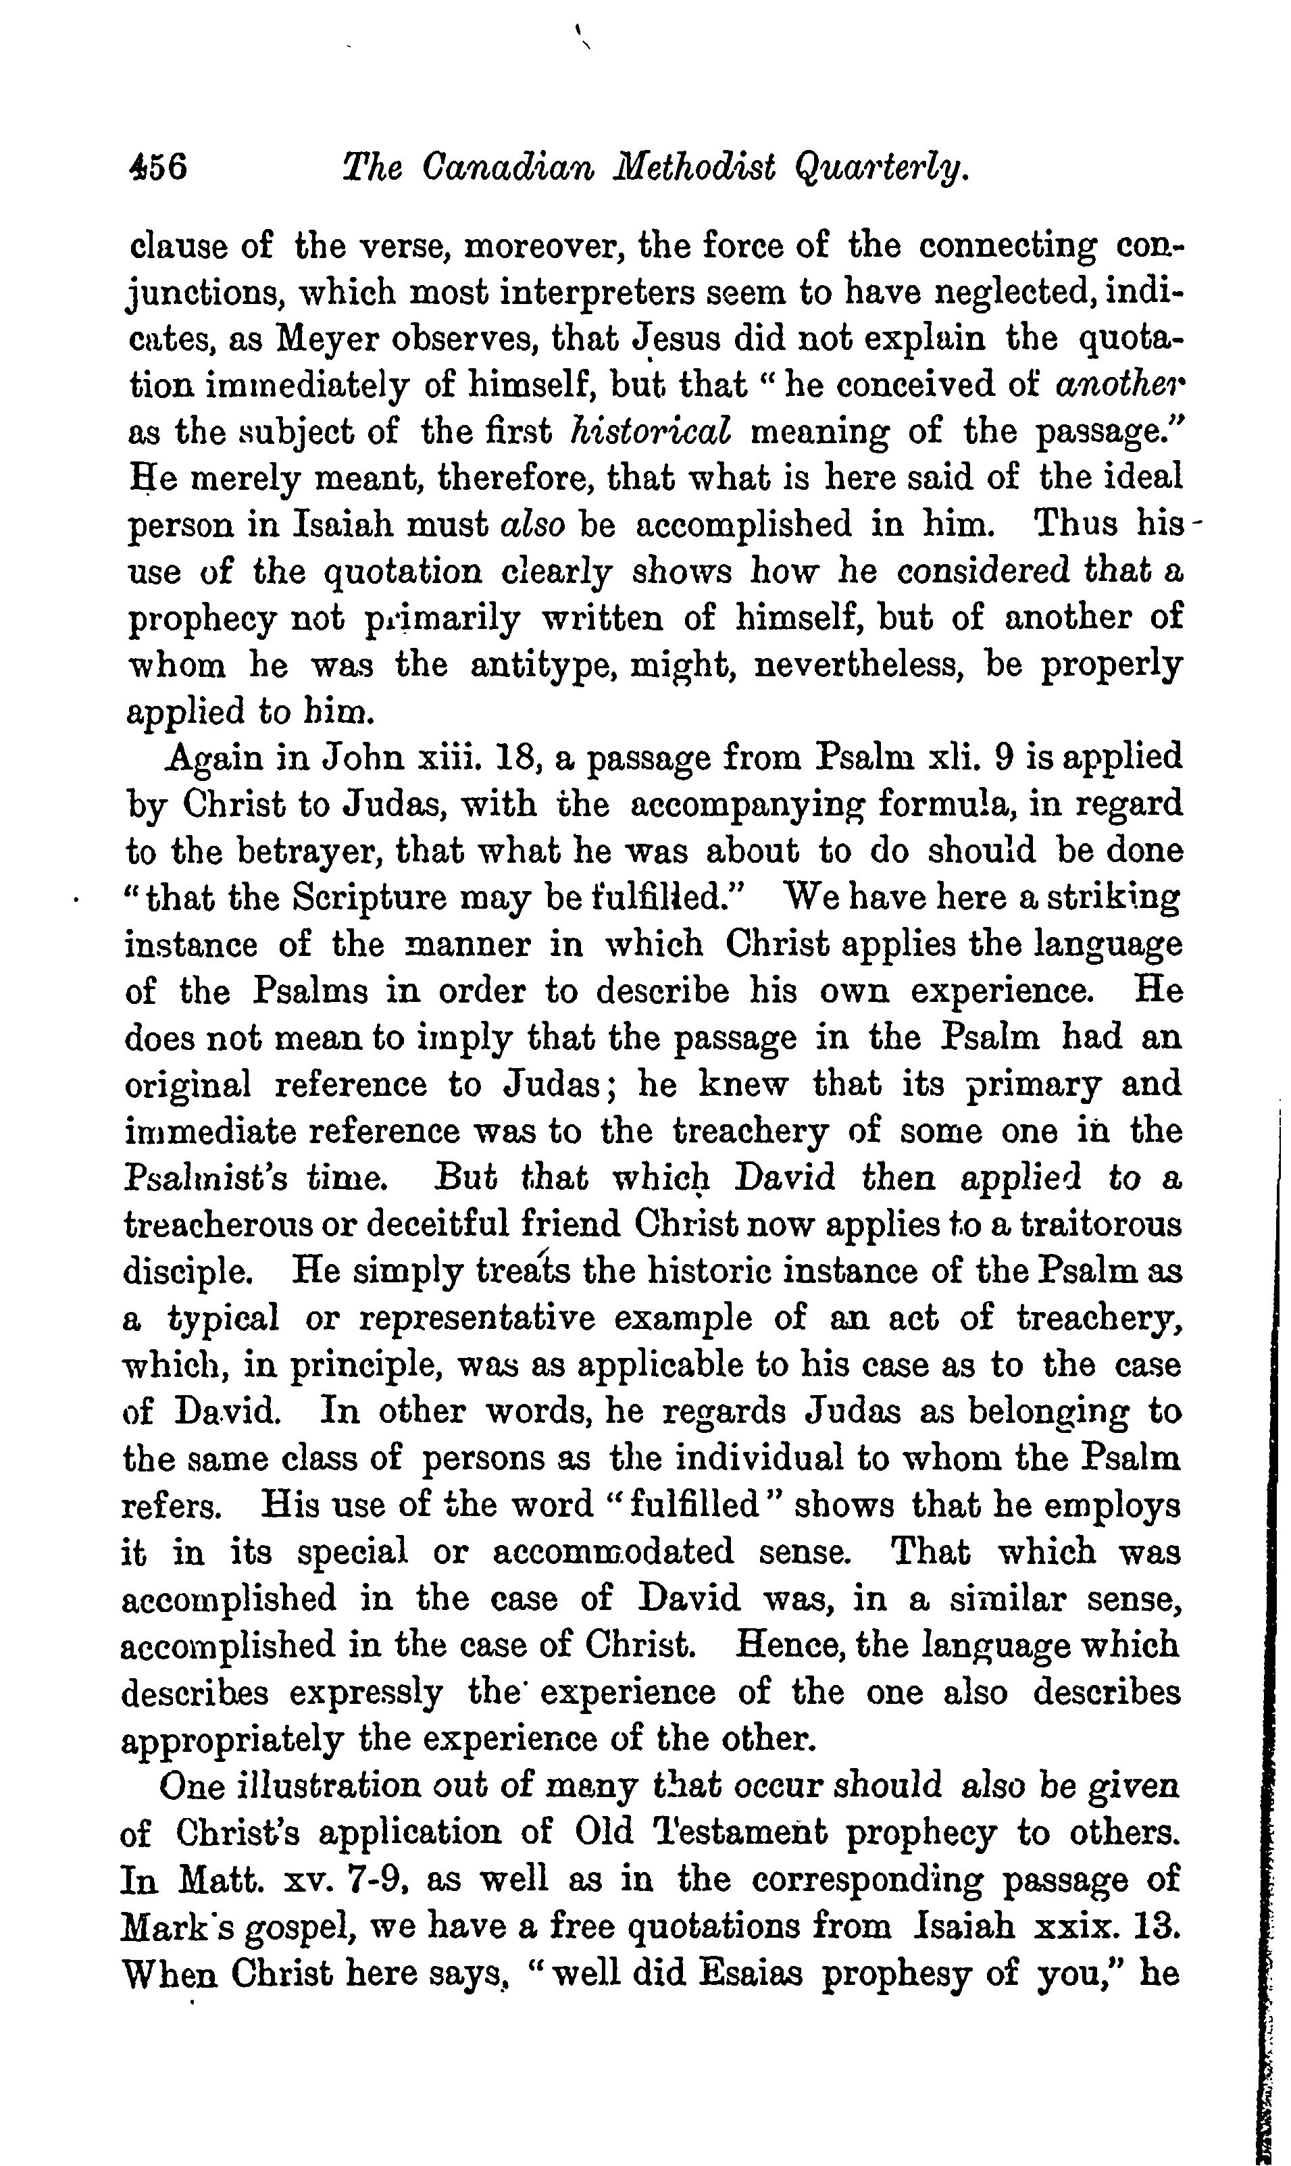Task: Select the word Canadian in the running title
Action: pos(506,167)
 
